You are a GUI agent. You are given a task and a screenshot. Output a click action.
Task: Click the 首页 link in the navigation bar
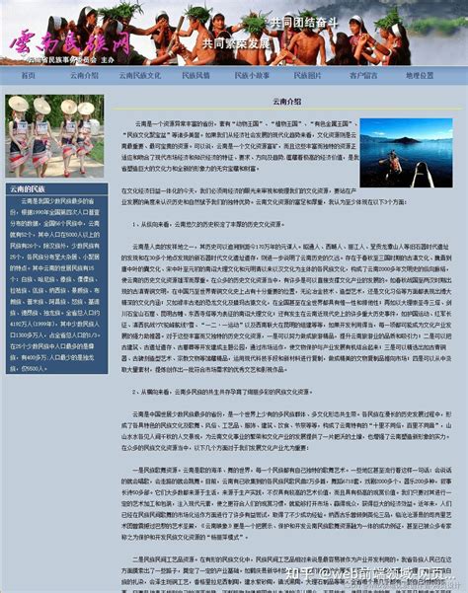28,75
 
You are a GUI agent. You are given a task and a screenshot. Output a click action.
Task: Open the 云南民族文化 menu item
140,75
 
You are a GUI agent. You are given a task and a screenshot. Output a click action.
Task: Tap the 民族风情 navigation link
195,75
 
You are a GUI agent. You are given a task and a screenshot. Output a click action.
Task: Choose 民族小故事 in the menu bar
252,75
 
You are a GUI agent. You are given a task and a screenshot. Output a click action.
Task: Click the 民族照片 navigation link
307,75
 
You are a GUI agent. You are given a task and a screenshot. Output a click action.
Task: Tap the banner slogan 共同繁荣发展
234,43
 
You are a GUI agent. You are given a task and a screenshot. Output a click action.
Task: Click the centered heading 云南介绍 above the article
287,101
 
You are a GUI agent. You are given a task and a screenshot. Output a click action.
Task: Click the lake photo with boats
406,153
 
